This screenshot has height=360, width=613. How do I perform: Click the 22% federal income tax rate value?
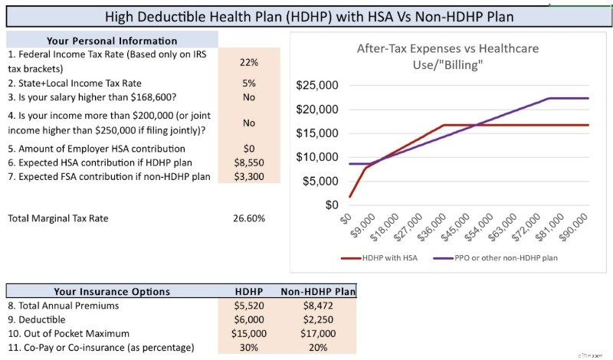pyautogui.click(x=249, y=62)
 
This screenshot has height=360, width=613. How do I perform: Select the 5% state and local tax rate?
pyautogui.click(x=249, y=83)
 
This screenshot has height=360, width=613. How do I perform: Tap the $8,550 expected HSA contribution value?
pyautogui.click(x=249, y=162)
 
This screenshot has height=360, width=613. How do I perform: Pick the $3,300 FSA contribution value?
pyautogui.click(x=249, y=177)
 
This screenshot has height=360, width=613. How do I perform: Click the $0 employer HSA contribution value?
pyautogui.click(x=249, y=149)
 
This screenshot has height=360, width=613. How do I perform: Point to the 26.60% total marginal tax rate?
pyautogui.click(x=249, y=218)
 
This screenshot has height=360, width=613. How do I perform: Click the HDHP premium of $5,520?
pyautogui.click(x=249, y=306)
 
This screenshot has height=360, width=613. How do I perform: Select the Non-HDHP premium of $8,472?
pyautogui.click(x=318, y=306)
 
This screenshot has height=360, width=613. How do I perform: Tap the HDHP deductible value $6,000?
pyautogui.click(x=249, y=319)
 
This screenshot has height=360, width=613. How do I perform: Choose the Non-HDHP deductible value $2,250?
pyautogui.click(x=318, y=319)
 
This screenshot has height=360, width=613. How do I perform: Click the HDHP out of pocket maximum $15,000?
pyautogui.click(x=249, y=334)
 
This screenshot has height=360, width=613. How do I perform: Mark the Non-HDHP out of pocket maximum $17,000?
pyautogui.click(x=318, y=334)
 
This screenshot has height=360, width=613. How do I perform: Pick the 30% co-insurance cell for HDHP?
pyautogui.click(x=249, y=348)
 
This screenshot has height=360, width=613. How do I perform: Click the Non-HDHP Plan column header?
pyautogui.click(x=318, y=292)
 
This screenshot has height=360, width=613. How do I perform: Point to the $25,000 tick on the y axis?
pyautogui.click(x=317, y=85)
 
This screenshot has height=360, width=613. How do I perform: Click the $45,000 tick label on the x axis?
pyautogui.click(x=454, y=227)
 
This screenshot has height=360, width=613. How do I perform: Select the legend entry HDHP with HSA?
pyautogui.click(x=379, y=258)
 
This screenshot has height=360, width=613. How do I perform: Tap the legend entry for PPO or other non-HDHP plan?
pyautogui.click(x=496, y=258)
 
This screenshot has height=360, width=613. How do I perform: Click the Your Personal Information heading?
pyautogui.click(x=112, y=41)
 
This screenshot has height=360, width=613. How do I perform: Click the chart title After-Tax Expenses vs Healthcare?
pyautogui.click(x=447, y=48)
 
